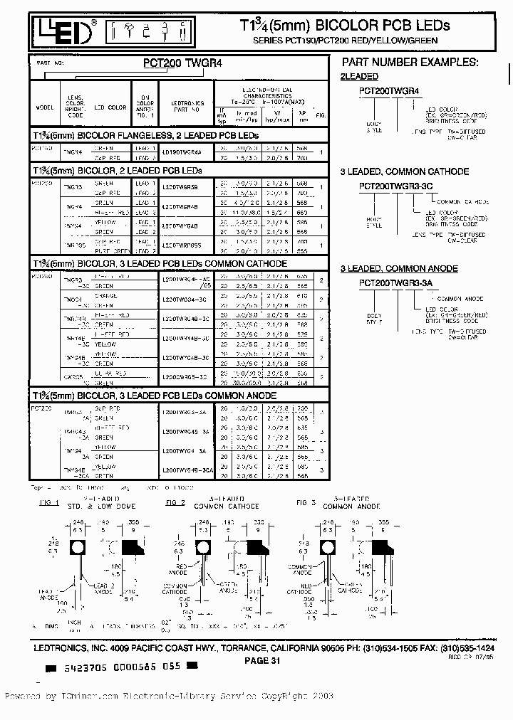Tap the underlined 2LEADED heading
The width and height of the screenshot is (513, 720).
(x=359, y=76)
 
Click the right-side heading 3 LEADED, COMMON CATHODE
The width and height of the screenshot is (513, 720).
(x=404, y=171)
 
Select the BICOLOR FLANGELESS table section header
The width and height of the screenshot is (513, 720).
(x=146, y=135)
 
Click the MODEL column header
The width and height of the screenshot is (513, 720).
(x=44, y=107)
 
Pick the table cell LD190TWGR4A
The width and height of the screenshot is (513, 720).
(x=182, y=152)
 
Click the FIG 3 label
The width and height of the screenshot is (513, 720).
(x=305, y=502)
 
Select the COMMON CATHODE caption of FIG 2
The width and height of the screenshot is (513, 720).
(x=227, y=506)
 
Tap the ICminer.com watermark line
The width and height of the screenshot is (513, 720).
(x=170, y=697)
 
